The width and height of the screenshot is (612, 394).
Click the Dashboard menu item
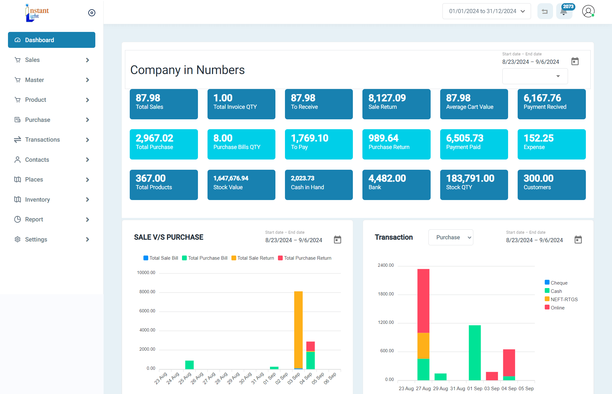[x=51, y=40]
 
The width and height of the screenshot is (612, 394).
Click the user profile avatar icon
[x=588, y=11]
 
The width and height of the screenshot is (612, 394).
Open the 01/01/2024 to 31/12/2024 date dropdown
[x=486, y=11]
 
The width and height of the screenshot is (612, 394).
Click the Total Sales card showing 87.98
[x=164, y=104]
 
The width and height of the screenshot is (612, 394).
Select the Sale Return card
[x=396, y=104]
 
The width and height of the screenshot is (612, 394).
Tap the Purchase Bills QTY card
[x=241, y=144]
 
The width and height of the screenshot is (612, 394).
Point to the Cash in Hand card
[x=319, y=185]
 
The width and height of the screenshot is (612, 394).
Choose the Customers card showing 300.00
[x=551, y=185]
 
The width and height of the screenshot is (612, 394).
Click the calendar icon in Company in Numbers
[x=575, y=61]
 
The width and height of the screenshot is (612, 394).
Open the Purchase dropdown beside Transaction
[x=451, y=237]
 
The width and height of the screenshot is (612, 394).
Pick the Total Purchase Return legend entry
[x=305, y=258]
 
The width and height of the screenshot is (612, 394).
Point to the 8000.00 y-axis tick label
[x=147, y=292]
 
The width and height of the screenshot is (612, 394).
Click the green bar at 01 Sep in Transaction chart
[x=475, y=353]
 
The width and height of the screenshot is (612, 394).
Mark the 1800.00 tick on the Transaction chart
[x=386, y=294]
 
